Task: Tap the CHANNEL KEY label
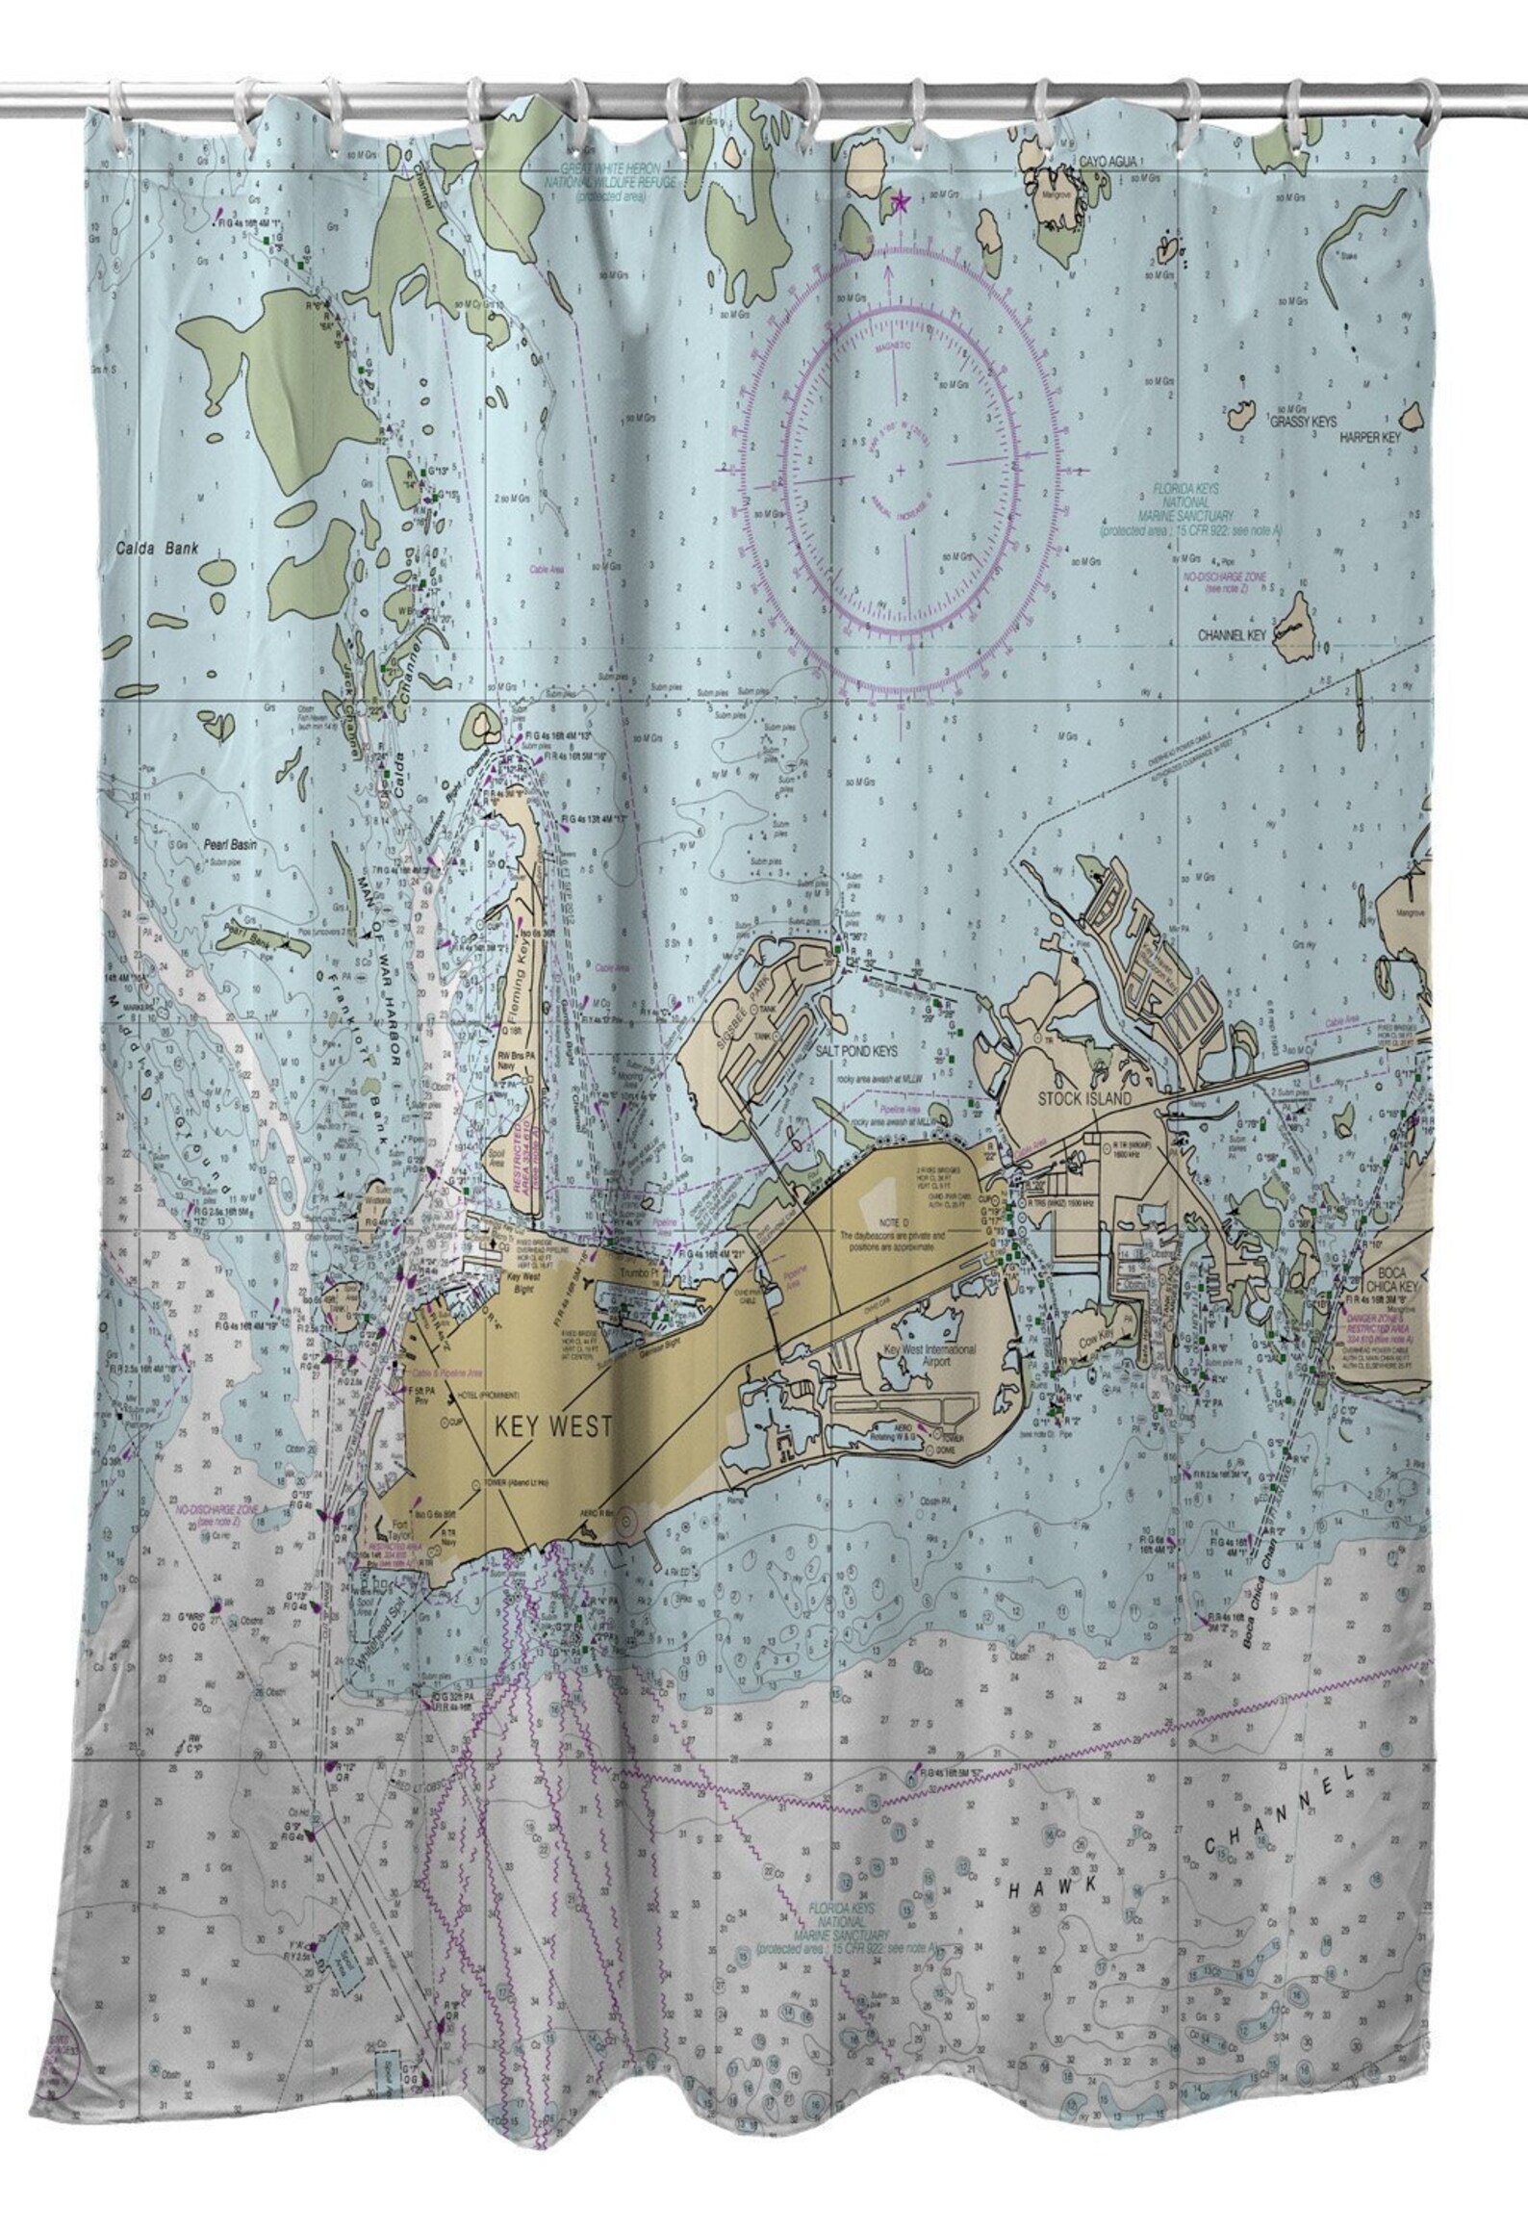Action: click(x=1235, y=636)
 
